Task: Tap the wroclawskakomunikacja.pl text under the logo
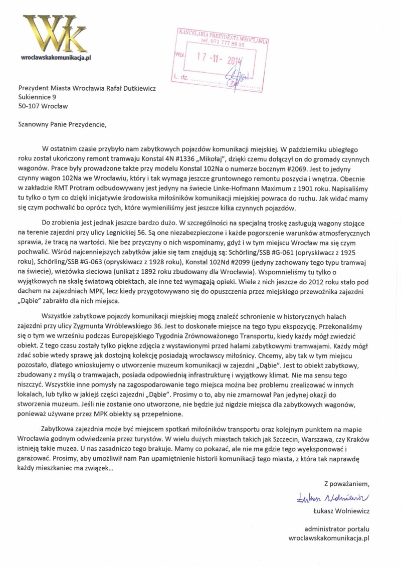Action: coord(56,59)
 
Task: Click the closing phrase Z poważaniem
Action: coord(346,484)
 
